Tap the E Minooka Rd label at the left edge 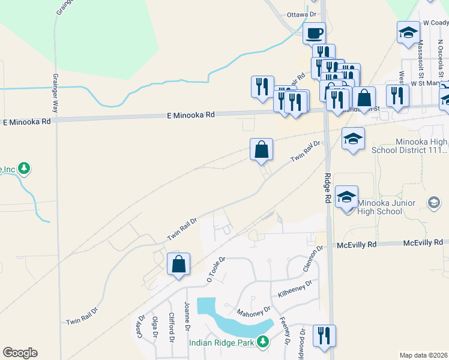click(26, 122)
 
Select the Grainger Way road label click(55, 93)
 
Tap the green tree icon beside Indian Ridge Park click(262, 342)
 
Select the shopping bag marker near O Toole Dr click(179, 264)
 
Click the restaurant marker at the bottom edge click(324, 335)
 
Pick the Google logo click(20, 353)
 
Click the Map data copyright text click(424, 355)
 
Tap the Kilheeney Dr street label click(295, 289)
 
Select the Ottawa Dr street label click(301, 14)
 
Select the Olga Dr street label click(154, 328)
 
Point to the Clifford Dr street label click(171, 328)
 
